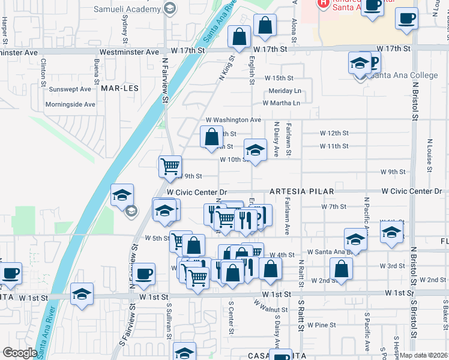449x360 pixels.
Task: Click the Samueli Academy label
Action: [x=128, y=9]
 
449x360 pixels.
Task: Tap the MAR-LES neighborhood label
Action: [x=119, y=88]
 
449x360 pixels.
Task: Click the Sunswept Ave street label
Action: [x=70, y=89]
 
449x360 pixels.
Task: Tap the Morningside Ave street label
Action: [x=70, y=104]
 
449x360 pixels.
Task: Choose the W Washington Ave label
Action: [x=234, y=120]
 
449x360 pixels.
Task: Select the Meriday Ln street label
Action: [x=285, y=91]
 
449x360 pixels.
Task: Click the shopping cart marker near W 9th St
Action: [x=170, y=166]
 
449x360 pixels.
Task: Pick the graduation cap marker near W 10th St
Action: [x=255, y=150]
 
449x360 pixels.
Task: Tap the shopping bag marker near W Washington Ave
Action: [x=211, y=136]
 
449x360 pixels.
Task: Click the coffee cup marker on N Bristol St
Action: [x=406, y=18]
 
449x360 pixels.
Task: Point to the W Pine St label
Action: [x=321, y=325]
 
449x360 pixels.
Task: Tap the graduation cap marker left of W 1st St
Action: [x=82, y=294]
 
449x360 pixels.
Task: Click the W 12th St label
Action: [x=334, y=133]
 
